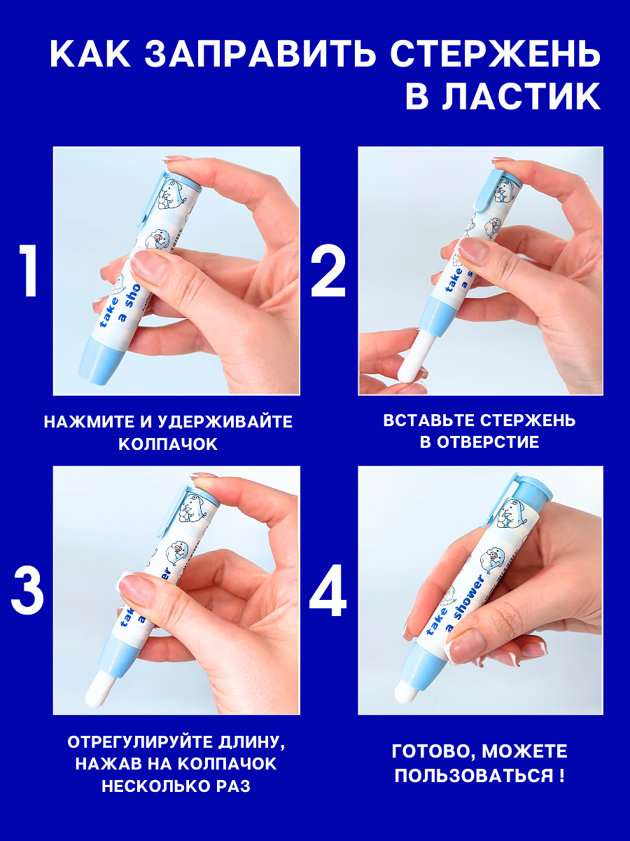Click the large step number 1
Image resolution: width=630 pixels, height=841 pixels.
click(x=29, y=271)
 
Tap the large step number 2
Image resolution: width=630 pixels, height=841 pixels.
click(x=328, y=271)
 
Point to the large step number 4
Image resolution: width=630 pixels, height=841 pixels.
click(x=328, y=590)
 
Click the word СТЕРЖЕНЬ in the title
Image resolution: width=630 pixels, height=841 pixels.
click(x=496, y=54)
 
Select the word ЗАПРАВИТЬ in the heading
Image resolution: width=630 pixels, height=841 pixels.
click(x=260, y=54)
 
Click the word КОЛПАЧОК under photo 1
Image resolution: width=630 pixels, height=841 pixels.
click(x=168, y=444)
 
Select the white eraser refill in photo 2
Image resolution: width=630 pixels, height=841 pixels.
click(x=414, y=355)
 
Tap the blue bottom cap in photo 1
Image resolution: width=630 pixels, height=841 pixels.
click(x=99, y=358)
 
